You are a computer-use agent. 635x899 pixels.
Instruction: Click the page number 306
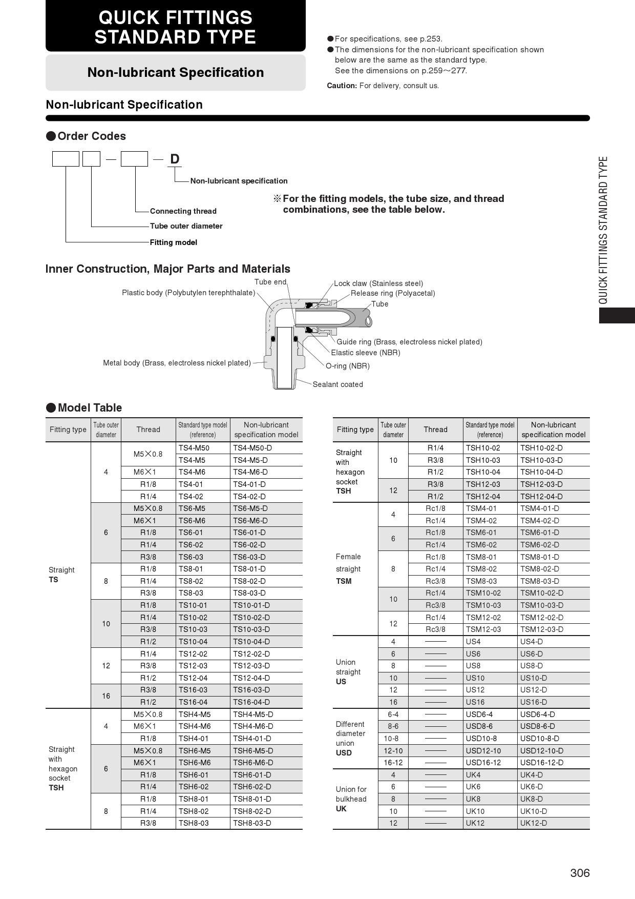(x=580, y=873)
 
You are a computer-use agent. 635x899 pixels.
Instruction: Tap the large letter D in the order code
(x=175, y=159)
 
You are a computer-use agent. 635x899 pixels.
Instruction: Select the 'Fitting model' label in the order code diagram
(x=173, y=242)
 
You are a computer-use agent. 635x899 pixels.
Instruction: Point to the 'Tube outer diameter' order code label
(x=186, y=226)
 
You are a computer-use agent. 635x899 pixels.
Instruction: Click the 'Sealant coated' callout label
(x=337, y=384)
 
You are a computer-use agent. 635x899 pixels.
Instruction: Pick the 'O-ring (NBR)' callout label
(x=347, y=366)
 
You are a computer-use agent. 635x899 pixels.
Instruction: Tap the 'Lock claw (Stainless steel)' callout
(x=378, y=283)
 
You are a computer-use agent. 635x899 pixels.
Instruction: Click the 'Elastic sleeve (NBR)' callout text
(x=365, y=353)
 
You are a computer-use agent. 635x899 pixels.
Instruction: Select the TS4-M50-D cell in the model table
(x=252, y=448)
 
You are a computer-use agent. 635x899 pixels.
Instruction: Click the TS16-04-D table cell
(x=251, y=702)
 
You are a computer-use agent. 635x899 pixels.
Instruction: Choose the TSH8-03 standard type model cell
(x=194, y=823)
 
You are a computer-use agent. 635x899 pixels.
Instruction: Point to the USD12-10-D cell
(x=542, y=751)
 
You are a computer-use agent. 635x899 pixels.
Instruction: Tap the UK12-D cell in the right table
(x=534, y=823)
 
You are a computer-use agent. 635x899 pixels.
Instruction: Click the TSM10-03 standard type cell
(x=483, y=605)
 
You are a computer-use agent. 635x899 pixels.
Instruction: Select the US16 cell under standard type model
(x=475, y=702)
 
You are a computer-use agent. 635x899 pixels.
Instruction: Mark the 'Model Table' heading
(x=90, y=408)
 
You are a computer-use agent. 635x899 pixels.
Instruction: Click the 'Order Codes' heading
(x=91, y=136)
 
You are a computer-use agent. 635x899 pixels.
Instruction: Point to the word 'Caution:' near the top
(x=342, y=86)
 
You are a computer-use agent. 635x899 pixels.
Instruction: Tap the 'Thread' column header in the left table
(x=148, y=430)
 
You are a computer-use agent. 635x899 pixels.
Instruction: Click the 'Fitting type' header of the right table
(x=355, y=430)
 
